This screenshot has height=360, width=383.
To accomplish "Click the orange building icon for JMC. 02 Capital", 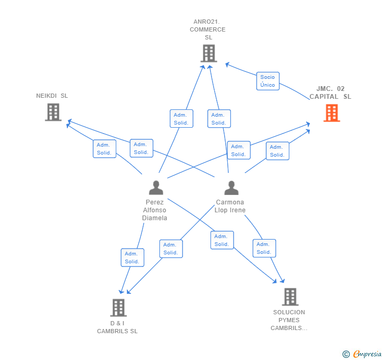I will pyautogui.click(x=331, y=112).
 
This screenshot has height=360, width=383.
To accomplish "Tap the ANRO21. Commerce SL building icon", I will pyautogui.click(x=209, y=53).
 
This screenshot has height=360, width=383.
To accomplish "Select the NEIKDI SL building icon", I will pyautogui.click(x=53, y=112).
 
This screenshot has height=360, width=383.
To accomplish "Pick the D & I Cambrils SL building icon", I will pyautogui.click(x=118, y=307).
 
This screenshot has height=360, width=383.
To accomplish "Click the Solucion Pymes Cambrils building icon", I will pyautogui.click(x=290, y=296).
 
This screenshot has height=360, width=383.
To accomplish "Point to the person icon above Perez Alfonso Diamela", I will pyautogui.click(x=156, y=188).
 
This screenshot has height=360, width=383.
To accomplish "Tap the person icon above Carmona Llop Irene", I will pyautogui.click(x=231, y=188).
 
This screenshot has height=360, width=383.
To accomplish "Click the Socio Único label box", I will pyautogui.click(x=267, y=81).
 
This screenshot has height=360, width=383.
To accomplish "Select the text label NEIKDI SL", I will pyautogui.click(x=52, y=96).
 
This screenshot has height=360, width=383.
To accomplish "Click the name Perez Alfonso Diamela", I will pyautogui.click(x=155, y=210).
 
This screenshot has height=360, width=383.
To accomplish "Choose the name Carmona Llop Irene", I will pyautogui.click(x=230, y=206).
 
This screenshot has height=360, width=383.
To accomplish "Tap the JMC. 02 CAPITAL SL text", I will pyautogui.click(x=330, y=92).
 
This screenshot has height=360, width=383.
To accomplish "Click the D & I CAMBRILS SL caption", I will pyautogui.click(x=117, y=327).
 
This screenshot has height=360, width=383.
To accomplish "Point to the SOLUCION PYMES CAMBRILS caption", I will pyautogui.click(x=289, y=320).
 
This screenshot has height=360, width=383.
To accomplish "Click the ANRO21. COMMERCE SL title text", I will pyautogui.click(x=208, y=29).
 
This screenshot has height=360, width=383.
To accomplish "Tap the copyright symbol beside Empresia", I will pyautogui.click(x=346, y=354).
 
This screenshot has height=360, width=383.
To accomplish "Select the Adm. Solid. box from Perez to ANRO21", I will pyautogui.click(x=181, y=119).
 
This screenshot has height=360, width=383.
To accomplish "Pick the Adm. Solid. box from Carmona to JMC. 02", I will pyautogui.click(x=277, y=151).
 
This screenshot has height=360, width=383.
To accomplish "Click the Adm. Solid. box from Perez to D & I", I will pyautogui.click(x=132, y=258).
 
